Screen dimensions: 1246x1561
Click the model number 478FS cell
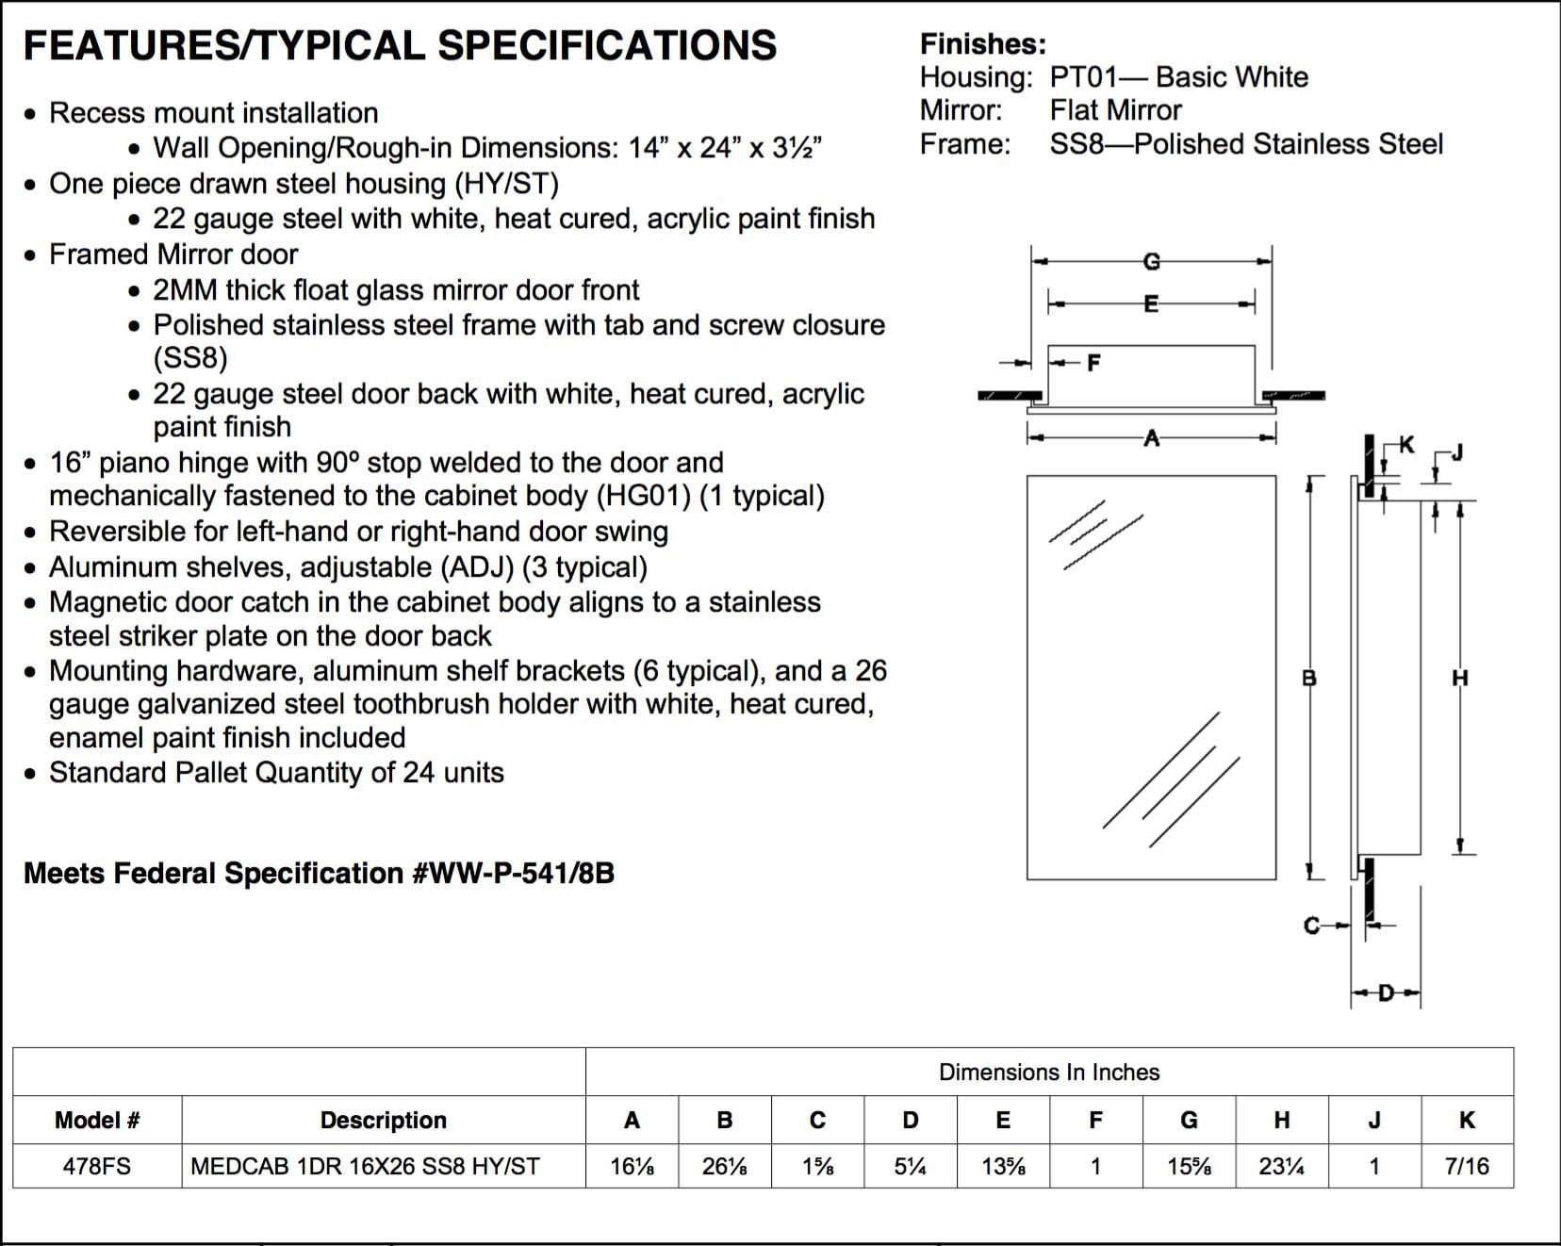point(96,1166)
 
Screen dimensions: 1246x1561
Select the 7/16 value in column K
point(1467,1166)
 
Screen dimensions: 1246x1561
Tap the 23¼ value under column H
point(1281,1166)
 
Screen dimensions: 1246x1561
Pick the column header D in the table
point(910,1120)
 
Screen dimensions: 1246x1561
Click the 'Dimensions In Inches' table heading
point(1049,1072)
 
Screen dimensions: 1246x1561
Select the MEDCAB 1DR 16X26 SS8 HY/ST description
point(365,1166)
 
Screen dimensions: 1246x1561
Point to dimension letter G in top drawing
point(1151,261)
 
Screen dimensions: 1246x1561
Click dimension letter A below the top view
point(1151,437)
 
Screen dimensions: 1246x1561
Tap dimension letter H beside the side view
point(1460,677)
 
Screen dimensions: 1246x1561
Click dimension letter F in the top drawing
point(1093,363)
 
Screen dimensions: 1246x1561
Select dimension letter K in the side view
point(1406,444)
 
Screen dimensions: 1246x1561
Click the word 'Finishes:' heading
point(982,44)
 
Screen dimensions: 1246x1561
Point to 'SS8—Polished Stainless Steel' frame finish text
point(1246,144)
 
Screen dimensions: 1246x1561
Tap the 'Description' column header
point(383,1120)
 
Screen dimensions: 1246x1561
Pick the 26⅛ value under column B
point(724,1166)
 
